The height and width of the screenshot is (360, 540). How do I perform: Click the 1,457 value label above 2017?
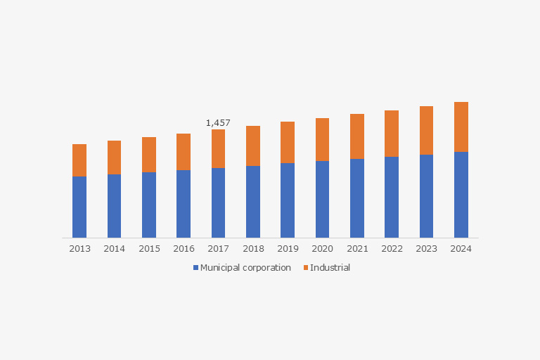tap(218, 123)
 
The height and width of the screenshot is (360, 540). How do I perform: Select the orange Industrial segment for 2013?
tap(79, 160)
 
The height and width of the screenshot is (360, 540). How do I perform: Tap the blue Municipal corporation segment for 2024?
tap(461, 195)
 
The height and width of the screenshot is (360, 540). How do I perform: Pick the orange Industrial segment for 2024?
tap(461, 127)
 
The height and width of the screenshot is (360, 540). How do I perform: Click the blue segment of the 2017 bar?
tap(218, 202)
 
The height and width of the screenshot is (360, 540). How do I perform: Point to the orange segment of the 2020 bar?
tap(322, 139)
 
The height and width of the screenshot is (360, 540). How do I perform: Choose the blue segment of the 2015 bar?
tap(149, 205)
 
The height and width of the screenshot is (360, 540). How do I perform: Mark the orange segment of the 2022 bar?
tap(392, 134)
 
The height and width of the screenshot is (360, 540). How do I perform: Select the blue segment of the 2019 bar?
tap(288, 200)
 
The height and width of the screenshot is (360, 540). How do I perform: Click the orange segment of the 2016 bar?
tap(184, 152)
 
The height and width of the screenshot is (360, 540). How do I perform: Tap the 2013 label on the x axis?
tap(79, 249)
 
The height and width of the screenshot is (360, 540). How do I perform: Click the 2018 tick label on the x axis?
tap(253, 249)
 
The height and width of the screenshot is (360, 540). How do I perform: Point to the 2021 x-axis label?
tap(357, 249)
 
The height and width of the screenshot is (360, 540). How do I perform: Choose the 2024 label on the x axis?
tap(461, 249)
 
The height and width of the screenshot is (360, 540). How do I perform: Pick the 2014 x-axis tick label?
tap(115, 249)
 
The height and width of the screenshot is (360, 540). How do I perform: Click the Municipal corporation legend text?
tap(245, 268)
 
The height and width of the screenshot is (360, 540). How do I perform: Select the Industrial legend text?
tap(330, 268)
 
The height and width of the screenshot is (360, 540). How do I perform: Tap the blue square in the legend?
tap(196, 268)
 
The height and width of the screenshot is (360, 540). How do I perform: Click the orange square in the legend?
tap(305, 268)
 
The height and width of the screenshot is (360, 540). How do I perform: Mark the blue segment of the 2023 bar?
tap(426, 196)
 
